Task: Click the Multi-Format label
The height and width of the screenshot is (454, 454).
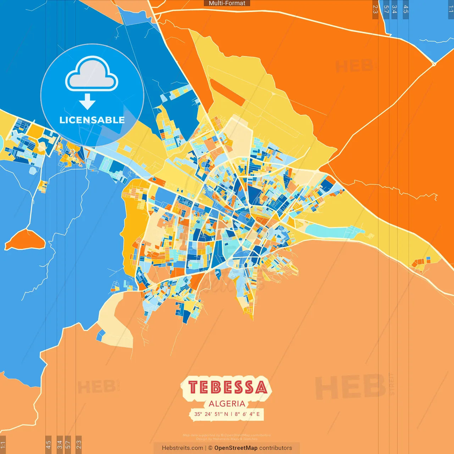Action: (227, 3)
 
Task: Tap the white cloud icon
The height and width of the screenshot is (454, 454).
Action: (92, 73)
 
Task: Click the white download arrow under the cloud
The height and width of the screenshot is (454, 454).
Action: (87, 101)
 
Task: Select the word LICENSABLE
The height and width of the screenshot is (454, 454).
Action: (92, 120)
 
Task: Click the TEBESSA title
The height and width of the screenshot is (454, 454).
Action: (227, 387)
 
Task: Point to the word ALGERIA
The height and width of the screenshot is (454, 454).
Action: (227, 404)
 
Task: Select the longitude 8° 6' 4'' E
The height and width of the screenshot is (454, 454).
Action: (247, 414)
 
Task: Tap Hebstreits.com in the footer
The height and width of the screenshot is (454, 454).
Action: (182, 448)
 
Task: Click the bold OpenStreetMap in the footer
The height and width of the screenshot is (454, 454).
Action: (236, 448)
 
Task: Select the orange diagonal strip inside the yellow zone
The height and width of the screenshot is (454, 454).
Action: (227, 92)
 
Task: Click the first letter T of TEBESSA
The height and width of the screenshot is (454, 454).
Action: (193, 387)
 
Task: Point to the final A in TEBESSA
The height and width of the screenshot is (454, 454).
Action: (261, 387)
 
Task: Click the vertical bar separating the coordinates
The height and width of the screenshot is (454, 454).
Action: (231, 414)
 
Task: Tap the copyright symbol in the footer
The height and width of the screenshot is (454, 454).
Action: (210, 448)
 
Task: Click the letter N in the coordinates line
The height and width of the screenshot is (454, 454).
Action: (226, 414)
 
